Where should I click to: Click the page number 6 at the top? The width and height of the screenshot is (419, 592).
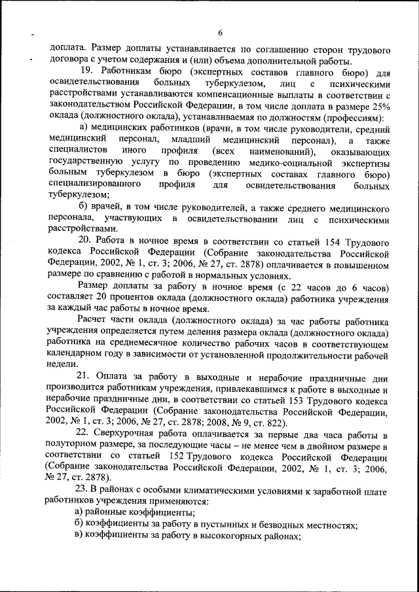click(x=221, y=33)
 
